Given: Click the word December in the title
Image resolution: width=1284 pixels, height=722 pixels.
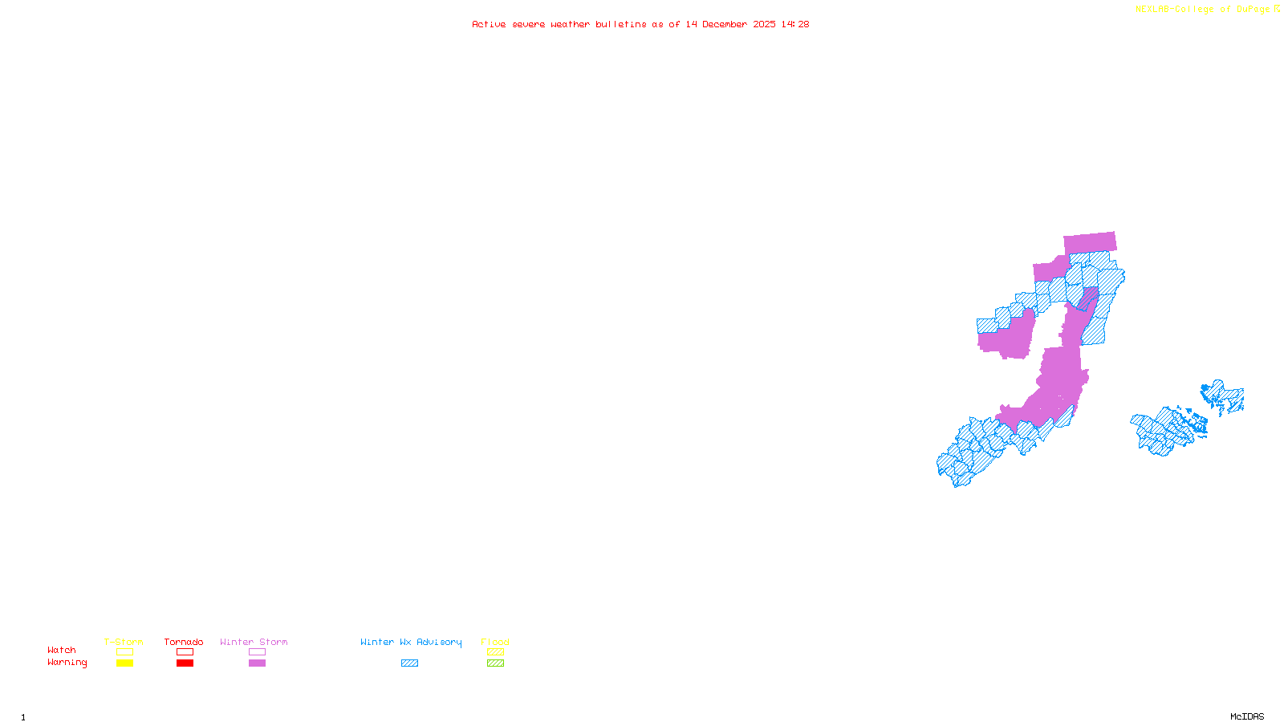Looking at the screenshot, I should click(x=725, y=24).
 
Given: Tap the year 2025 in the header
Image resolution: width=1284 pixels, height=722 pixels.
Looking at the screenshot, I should click(x=764, y=24).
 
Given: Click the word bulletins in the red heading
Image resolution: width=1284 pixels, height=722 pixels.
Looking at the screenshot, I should click(x=621, y=24).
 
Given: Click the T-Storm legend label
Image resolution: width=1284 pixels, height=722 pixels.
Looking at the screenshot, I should click(x=124, y=642).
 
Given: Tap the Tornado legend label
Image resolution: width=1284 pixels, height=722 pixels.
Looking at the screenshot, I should click(x=184, y=642).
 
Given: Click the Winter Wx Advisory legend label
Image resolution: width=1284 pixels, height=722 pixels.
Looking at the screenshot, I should click(x=411, y=642).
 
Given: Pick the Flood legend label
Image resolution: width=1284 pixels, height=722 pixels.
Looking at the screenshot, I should click(x=495, y=642).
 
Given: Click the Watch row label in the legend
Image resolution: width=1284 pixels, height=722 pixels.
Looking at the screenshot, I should click(x=62, y=650).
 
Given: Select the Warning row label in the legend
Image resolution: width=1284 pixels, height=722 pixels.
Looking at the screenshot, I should click(x=67, y=663).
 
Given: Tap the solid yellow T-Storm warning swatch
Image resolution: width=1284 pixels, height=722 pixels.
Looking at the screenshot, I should click(x=124, y=663).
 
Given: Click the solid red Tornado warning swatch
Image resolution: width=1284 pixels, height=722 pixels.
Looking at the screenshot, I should click(x=185, y=663).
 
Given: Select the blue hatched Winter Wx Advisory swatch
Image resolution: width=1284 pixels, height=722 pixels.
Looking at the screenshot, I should click(x=409, y=663).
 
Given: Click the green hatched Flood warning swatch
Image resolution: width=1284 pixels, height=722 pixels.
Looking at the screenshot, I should click(x=496, y=663).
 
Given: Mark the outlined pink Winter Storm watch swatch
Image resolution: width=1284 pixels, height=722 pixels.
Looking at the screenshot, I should click(x=257, y=652).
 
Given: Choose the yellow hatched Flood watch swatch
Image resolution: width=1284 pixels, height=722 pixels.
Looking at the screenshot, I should click(x=496, y=652).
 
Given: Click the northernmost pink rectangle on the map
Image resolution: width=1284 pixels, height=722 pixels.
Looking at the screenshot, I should click(x=1090, y=242).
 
